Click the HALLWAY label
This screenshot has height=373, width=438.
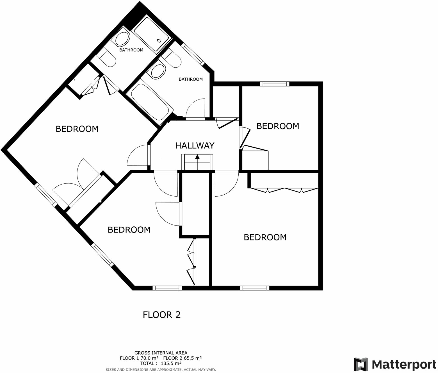pyautogui.click(x=195, y=145)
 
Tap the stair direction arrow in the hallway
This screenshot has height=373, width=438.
pyautogui.click(x=197, y=157)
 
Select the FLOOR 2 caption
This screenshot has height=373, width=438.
pyautogui.click(x=161, y=315)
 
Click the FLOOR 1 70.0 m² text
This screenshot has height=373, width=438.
pyautogui.click(x=139, y=358)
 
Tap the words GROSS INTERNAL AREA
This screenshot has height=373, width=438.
pyautogui.click(x=161, y=353)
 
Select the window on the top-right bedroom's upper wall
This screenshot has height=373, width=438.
pyautogui.click(x=274, y=84)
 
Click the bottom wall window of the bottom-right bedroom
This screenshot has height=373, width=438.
pyautogui.click(x=254, y=288)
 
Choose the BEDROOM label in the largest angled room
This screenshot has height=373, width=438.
pyautogui.click(x=77, y=129)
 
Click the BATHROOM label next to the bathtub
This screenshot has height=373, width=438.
pyautogui.click(x=191, y=79)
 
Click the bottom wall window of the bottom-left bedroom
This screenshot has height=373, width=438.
pyautogui.click(x=167, y=288)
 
